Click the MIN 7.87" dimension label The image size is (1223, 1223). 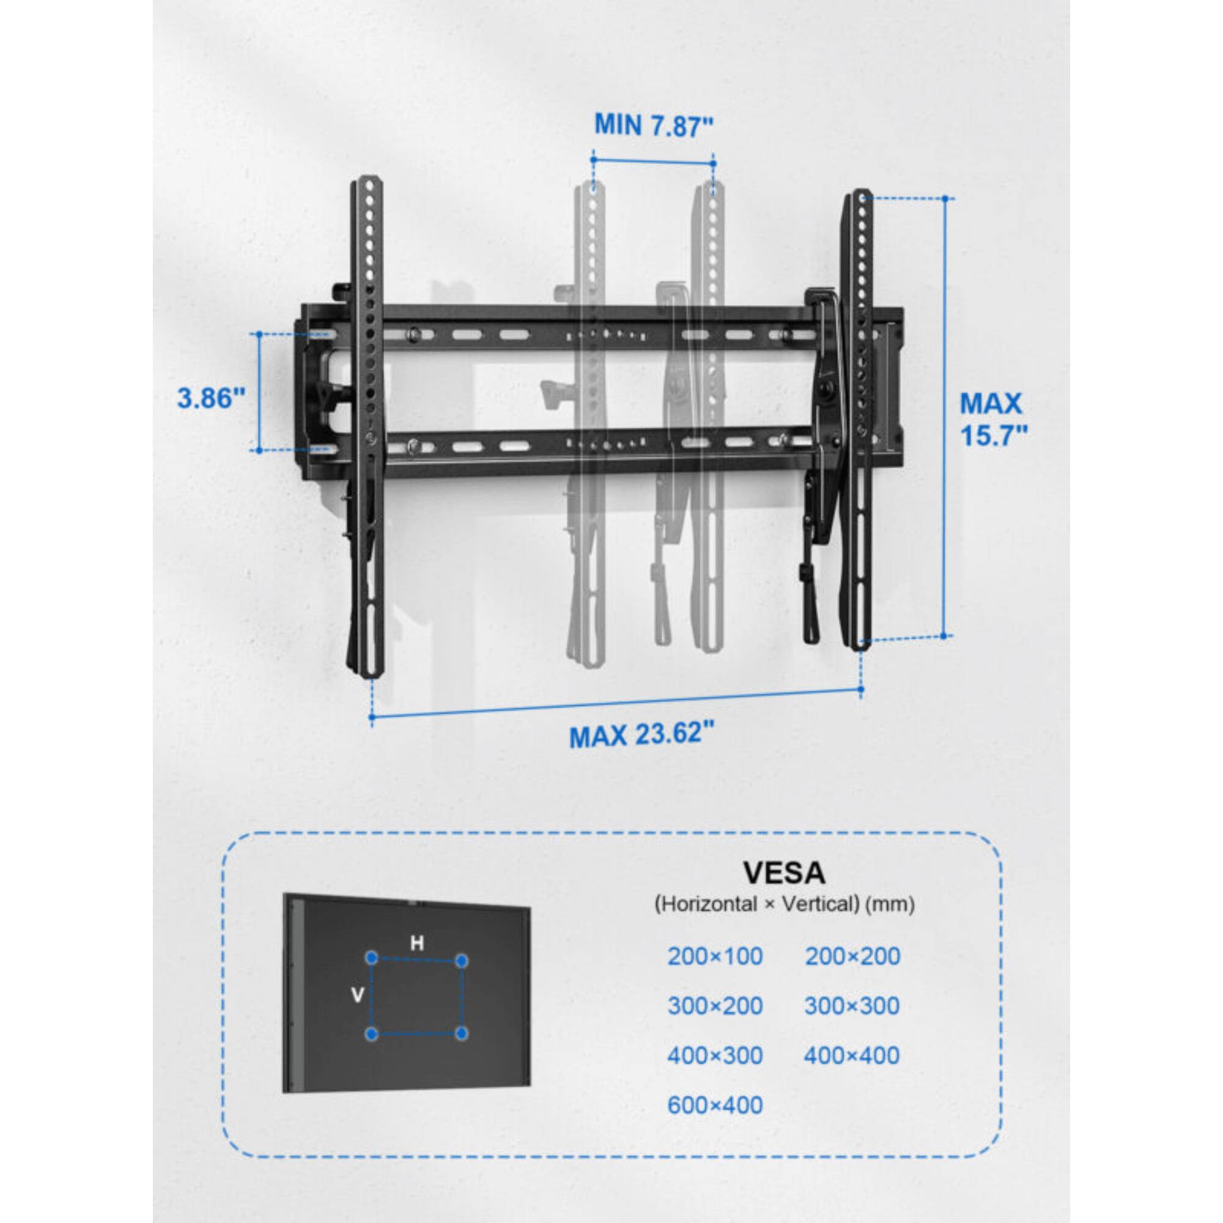point(653,125)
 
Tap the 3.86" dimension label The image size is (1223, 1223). point(211,398)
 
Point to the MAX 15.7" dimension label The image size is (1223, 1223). point(991,419)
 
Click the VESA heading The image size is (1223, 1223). point(784,873)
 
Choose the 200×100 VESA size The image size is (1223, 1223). point(715,956)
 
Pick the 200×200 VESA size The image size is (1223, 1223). point(852,956)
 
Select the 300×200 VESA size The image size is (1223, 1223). point(715,1006)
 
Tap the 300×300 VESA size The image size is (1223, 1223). point(852,1006)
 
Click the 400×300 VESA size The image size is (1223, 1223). point(715,1055)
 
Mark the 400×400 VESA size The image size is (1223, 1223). point(852,1055)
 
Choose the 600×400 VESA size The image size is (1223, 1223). point(715,1105)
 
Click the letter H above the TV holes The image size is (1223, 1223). point(416,944)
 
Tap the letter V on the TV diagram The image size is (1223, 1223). point(357,996)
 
